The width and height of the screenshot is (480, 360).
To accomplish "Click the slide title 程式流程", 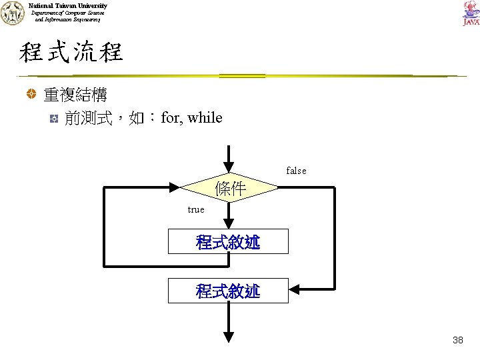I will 71,52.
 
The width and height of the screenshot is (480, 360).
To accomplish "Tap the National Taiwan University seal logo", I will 12,13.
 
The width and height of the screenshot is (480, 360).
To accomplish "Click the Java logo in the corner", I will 470,13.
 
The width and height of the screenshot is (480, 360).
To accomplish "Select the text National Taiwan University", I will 68,5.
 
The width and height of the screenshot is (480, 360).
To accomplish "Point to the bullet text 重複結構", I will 75,95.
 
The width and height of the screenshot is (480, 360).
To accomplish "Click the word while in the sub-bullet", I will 205,118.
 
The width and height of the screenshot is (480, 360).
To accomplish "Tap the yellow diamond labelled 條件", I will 229,189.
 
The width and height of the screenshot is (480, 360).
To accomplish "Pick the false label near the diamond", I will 296,171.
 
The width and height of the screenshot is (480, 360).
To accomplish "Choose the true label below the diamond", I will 196,209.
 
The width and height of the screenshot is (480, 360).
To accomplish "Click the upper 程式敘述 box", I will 228,241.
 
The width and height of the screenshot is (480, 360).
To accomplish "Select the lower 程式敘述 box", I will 228,291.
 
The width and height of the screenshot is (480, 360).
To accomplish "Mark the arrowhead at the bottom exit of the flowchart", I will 229,337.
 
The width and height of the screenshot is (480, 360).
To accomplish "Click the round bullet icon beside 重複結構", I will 31,95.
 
